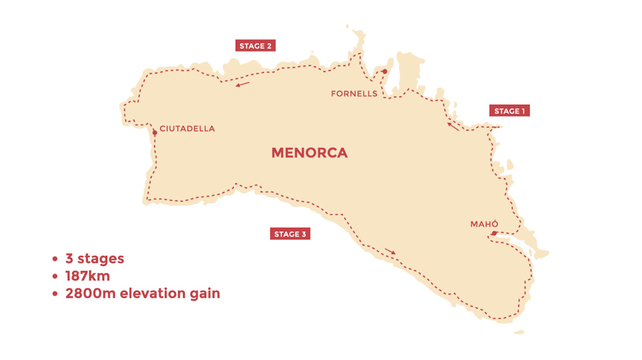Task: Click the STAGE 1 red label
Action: click(509, 111)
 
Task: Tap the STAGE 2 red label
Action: click(255, 46)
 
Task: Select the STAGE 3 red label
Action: click(290, 234)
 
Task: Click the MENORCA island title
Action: click(309, 152)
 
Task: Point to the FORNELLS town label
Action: click(354, 93)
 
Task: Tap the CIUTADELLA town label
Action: click(187, 129)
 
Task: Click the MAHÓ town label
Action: click(484, 224)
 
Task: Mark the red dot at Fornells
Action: click(384, 71)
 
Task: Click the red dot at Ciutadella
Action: click(154, 132)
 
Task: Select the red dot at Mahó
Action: click(494, 234)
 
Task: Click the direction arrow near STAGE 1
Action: click(453, 126)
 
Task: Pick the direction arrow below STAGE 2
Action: click(243, 84)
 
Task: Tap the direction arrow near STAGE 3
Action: click(390, 251)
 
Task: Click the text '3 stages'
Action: click(95, 258)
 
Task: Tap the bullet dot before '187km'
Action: click(55, 276)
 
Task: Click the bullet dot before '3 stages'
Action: click(55, 259)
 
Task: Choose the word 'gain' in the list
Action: click(206, 294)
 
